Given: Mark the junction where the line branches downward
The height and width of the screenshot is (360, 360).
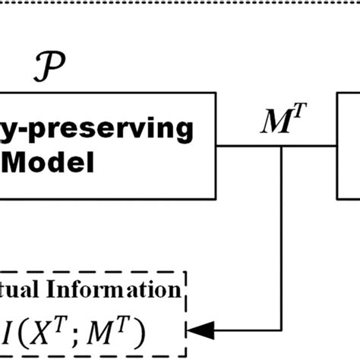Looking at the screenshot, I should (282, 147).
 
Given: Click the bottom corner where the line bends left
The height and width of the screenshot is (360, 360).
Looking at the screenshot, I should (282, 329).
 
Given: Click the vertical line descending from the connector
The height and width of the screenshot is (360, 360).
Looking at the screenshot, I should (282, 235).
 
